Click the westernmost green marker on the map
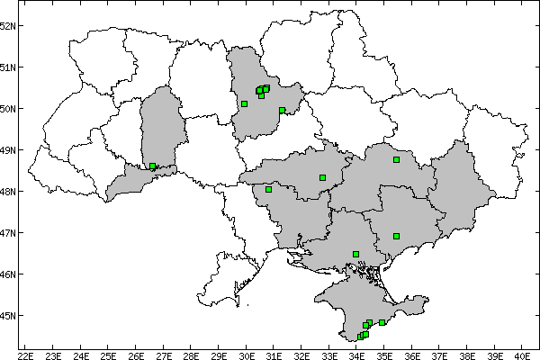pos(153,166)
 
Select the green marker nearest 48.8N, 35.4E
pos(396,160)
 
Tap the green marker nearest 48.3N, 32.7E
pos(322,177)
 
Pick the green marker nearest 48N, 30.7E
pos(268,190)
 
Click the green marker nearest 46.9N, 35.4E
pos(396,237)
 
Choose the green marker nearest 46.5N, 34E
pos(356,254)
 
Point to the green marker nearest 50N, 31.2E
pos(282,111)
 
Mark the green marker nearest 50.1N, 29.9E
pos(244,104)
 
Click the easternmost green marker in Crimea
pos(382,322)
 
